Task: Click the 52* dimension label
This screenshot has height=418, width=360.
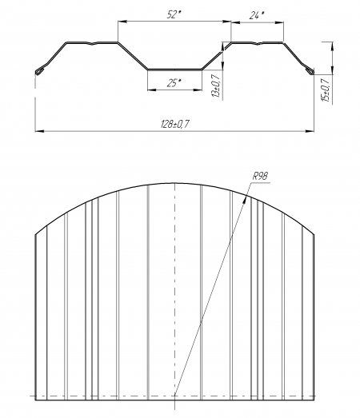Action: click(x=174, y=14)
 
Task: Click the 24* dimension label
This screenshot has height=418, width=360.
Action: click(x=257, y=16)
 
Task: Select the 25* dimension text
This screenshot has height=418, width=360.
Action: click(x=174, y=83)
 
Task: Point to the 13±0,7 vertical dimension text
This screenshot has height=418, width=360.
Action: click(x=216, y=85)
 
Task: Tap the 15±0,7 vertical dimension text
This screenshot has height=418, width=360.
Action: click(x=326, y=90)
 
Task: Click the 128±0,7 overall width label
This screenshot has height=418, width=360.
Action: click(x=175, y=124)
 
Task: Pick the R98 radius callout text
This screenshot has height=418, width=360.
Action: click(x=260, y=176)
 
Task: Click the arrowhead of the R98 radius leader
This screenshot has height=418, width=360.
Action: click(x=245, y=201)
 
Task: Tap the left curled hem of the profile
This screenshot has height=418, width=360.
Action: click(x=39, y=71)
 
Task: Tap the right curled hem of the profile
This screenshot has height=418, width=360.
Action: click(x=310, y=71)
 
